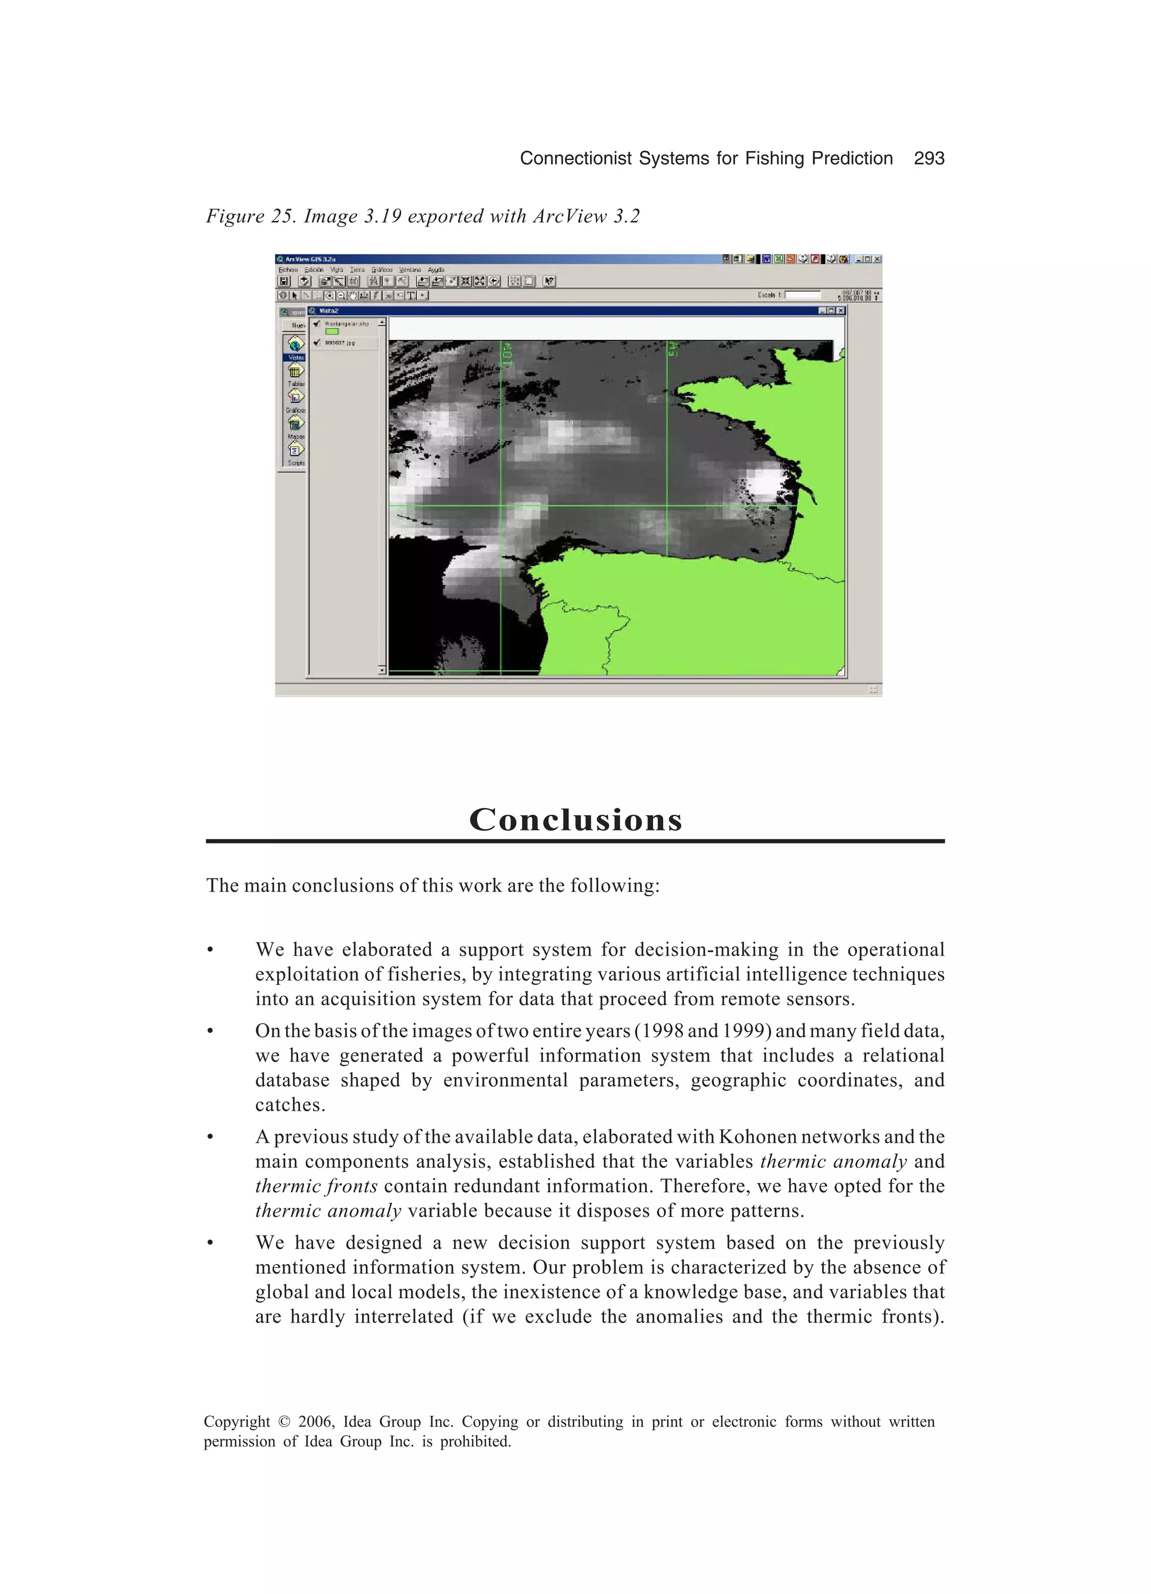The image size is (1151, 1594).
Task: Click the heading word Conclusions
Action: [x=575, y=820]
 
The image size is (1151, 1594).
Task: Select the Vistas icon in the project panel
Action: [x=295, y=344]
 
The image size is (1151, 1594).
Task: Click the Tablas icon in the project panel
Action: [x=295, y=370]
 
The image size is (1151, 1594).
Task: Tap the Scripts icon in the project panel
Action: [x=295, y=450]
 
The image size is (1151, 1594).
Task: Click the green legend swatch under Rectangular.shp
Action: [x=332, y=331]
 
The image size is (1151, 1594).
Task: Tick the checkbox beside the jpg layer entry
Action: [x=317, y=342]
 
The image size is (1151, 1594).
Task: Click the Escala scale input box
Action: [x=803, y=295]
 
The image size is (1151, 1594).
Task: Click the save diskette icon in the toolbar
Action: [x=284, y=281]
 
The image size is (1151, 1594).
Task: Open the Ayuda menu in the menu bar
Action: [x=436, y=270]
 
